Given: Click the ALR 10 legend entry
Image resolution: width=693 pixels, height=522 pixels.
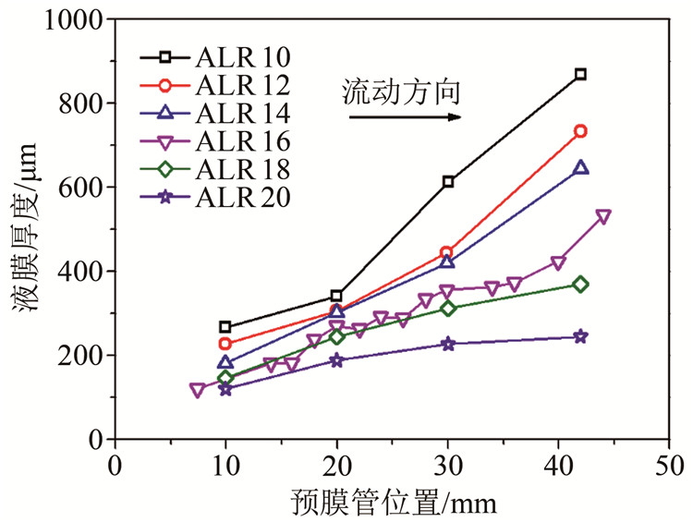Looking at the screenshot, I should point(221,57).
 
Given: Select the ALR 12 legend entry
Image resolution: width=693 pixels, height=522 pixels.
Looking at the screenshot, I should point(221,86).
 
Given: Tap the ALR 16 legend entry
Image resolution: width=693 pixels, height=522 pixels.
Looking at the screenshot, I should point(221,141).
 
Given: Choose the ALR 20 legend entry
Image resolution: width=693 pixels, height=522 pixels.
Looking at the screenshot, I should point(221,197).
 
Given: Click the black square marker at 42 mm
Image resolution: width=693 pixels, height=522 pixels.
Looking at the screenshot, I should point(580,74).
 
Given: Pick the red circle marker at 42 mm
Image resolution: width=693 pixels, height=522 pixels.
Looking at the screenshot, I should point(580,131).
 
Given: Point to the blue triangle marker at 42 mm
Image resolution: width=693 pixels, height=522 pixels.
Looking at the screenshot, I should point(580,167).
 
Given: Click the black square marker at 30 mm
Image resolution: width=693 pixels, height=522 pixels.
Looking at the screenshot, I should point(448,182).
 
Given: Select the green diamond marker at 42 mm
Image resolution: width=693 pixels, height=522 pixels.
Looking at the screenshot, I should point(580,285).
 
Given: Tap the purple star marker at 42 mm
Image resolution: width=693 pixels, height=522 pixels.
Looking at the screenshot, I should point(580,336).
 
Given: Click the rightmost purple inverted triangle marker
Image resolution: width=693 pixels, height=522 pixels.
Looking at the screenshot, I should point(603,216).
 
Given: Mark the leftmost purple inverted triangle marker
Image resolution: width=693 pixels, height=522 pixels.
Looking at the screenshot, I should point(197,391).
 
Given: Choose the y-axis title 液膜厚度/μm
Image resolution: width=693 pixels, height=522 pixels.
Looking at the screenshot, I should point(25,231).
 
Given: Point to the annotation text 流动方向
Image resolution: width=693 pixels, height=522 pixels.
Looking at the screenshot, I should point(401,92).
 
